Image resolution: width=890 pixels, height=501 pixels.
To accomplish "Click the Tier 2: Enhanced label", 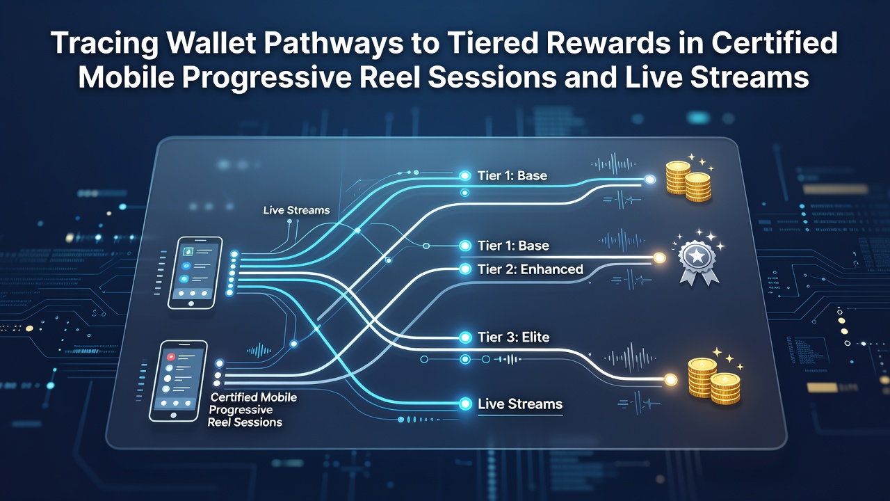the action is pyautogui.click(x=530, y=269).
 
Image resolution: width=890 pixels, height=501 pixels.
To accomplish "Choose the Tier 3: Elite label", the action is pyautogui.click(x=513, y=337).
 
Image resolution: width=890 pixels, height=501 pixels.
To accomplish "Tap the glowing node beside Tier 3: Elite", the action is pyautogui.click(x=465, y=337).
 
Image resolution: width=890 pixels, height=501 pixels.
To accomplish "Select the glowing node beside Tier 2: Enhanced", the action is pyautogui.click(x=465, y=269).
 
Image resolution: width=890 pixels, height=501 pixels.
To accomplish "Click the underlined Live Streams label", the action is pyautogui.click(x=519, y=404).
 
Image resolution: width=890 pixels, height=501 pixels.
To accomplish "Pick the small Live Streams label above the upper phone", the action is pyautogui.click(x=296, y=210).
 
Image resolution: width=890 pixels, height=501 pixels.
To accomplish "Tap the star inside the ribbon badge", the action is pyautogui.click(x=698, y=255).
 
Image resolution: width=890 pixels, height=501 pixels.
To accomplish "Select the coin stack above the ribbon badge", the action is pyautogui.click(x=688, y=181).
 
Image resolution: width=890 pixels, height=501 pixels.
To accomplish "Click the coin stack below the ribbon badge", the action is pyautogui.click(x=714, y=381).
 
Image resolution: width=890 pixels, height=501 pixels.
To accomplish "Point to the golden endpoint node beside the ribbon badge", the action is pyautogui.click(x=659, y=258).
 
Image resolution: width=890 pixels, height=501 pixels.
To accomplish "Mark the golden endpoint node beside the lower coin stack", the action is pyautogui.click(x=671, y=379).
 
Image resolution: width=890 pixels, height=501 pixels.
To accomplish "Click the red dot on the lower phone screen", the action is pyautogui.click(x=171, y=357).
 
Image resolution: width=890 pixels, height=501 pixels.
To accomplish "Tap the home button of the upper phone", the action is pyautogui.click(x=191, y=303).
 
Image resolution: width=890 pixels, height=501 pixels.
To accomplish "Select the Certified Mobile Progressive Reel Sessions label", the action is pyautogui.click(x=252, y=410).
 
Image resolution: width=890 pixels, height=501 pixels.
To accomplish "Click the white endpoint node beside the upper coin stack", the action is pyautogui.click(x=650, y=180).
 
